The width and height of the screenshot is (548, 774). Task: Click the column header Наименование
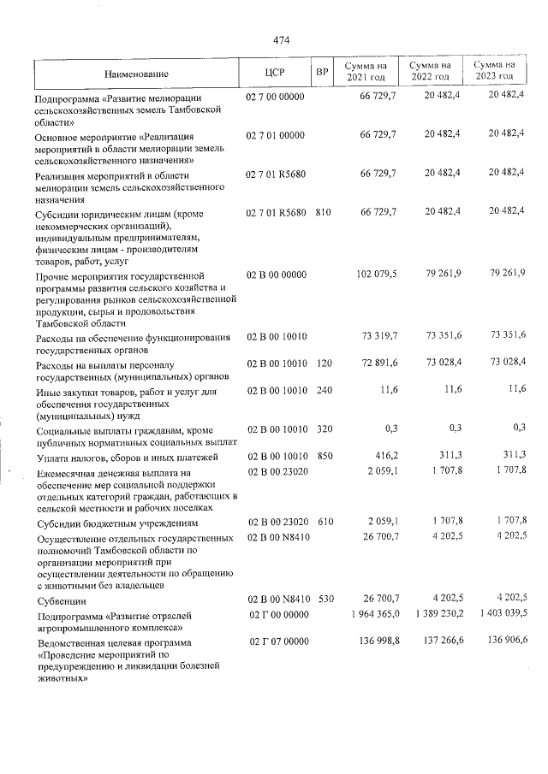coord(138,74)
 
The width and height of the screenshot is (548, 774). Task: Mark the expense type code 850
coord(324,458)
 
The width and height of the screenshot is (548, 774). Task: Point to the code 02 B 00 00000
coord(276,273)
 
